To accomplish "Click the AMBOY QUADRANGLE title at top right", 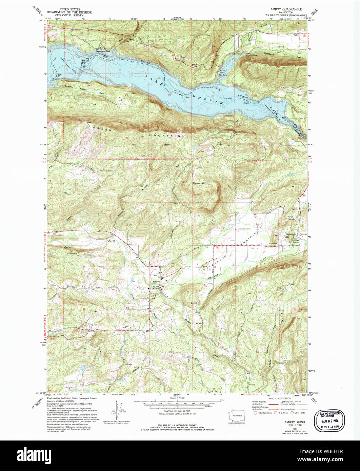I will [285, 9].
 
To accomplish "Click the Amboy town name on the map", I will [156, 282].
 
